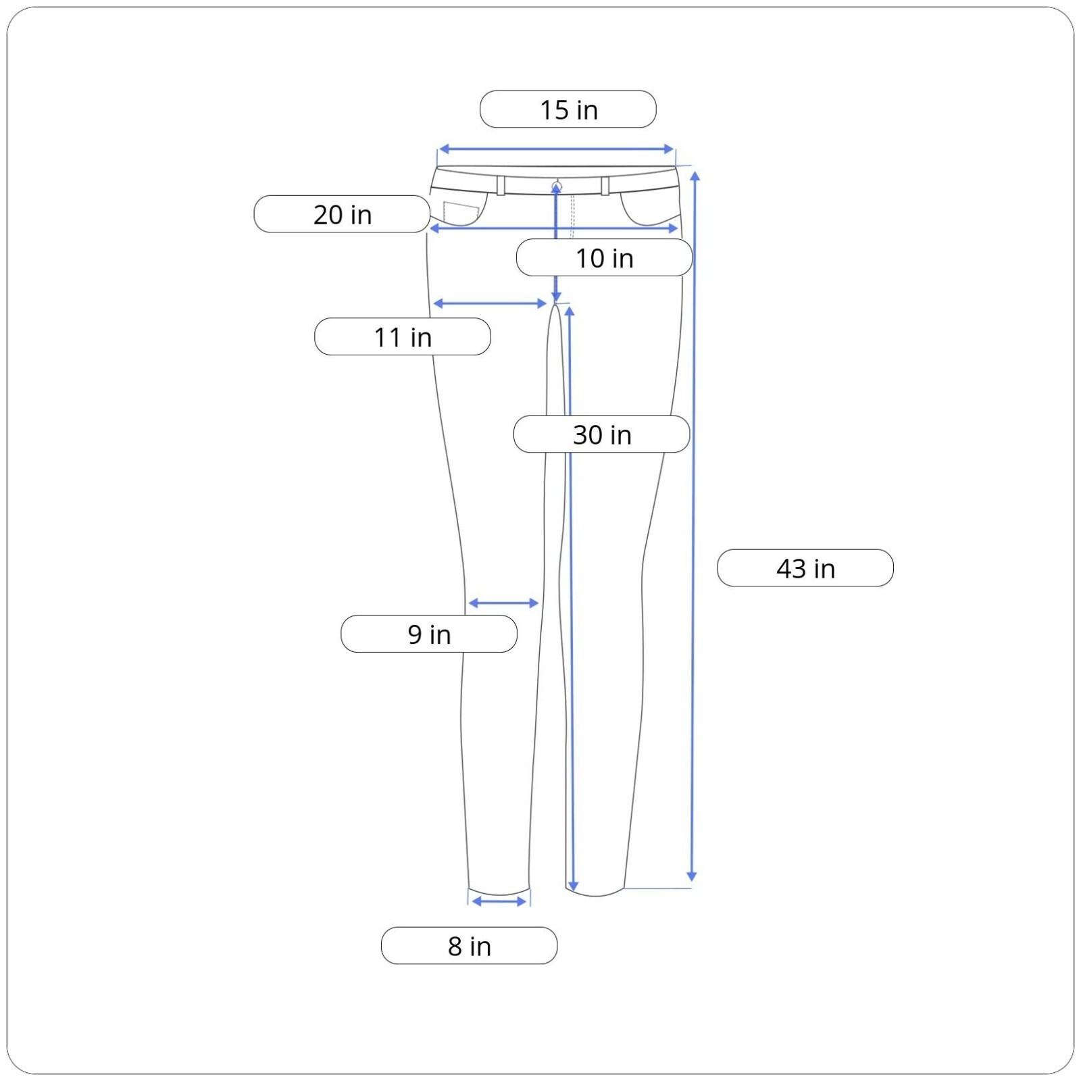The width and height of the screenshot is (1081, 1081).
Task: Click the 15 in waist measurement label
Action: point(568,109)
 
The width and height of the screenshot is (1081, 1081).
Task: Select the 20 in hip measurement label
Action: point(342,214)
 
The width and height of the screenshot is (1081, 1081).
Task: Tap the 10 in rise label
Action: point(604,257)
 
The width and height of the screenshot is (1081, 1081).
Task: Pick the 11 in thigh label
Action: point(403,336)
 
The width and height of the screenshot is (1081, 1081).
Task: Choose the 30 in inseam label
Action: point(602,434)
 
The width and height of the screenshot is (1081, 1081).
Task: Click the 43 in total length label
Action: point(805,568)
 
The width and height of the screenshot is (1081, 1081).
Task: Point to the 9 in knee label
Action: point(429,634)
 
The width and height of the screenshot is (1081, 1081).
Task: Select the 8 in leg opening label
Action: point(469,946)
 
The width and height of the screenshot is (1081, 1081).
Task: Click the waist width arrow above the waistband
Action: point(557,149)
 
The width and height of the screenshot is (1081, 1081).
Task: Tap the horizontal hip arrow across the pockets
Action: point(554,228)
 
